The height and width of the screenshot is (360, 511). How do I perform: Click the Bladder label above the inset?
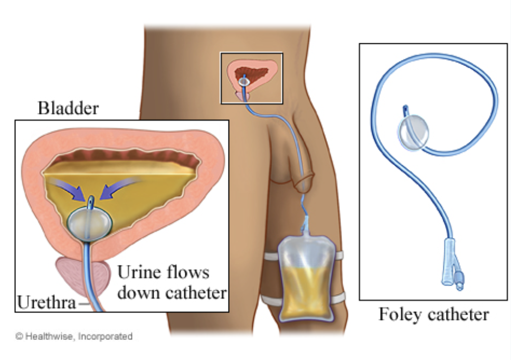click(68, 109)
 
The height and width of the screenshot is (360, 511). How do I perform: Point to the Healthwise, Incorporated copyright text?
click(74, 336)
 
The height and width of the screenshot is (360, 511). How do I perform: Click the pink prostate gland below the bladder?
click(74, 274)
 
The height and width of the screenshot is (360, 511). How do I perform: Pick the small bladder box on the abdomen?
click(251, 78)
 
